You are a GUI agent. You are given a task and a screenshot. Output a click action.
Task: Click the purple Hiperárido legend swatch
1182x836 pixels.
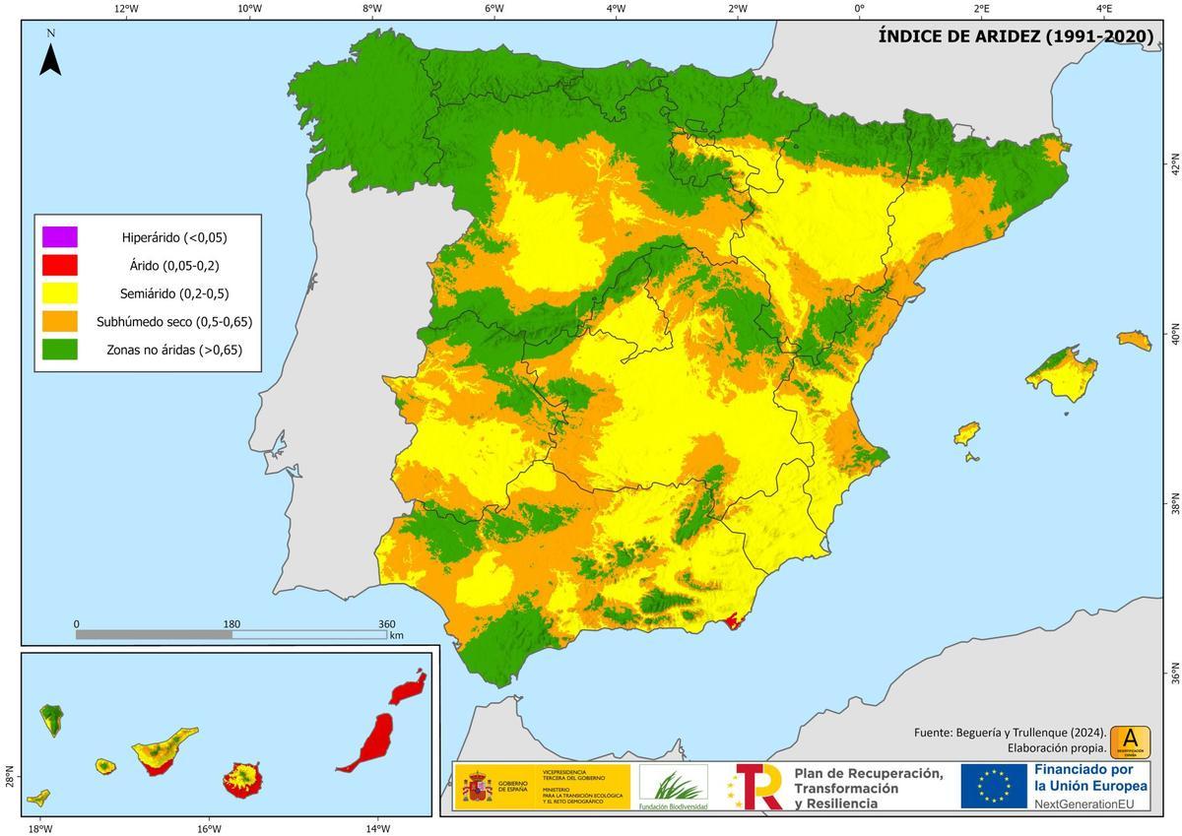[x=59, y=237]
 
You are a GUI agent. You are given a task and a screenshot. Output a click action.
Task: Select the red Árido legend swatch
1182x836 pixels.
[x=59, y=265]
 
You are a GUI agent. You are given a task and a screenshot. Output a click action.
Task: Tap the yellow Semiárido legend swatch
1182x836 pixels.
[x=59, y=293]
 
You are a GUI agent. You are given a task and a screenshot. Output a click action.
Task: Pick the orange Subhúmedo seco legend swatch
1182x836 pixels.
[x=59, y=321]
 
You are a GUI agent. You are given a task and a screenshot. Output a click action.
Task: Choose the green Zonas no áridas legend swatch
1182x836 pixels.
[x=59, y=349]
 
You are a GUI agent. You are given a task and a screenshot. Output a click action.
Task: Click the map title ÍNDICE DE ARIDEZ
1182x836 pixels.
[x=1016, y=36]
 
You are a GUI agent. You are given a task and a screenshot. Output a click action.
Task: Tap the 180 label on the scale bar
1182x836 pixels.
[x=231, y=623]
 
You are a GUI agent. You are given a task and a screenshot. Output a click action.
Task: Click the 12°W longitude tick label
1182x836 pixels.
[x=126, y=8]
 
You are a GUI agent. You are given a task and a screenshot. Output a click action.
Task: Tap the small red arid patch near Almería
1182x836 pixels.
[x=734, y=622]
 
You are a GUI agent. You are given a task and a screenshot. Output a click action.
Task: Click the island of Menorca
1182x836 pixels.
[x=1134, y=341]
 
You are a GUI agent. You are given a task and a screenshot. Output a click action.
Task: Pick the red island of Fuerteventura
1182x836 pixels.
[x=366, y=742]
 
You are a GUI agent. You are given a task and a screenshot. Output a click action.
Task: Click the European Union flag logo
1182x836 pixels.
[x=995, y=786]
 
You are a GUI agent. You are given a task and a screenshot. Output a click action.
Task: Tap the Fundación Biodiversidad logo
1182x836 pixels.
[x=673, y=787]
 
